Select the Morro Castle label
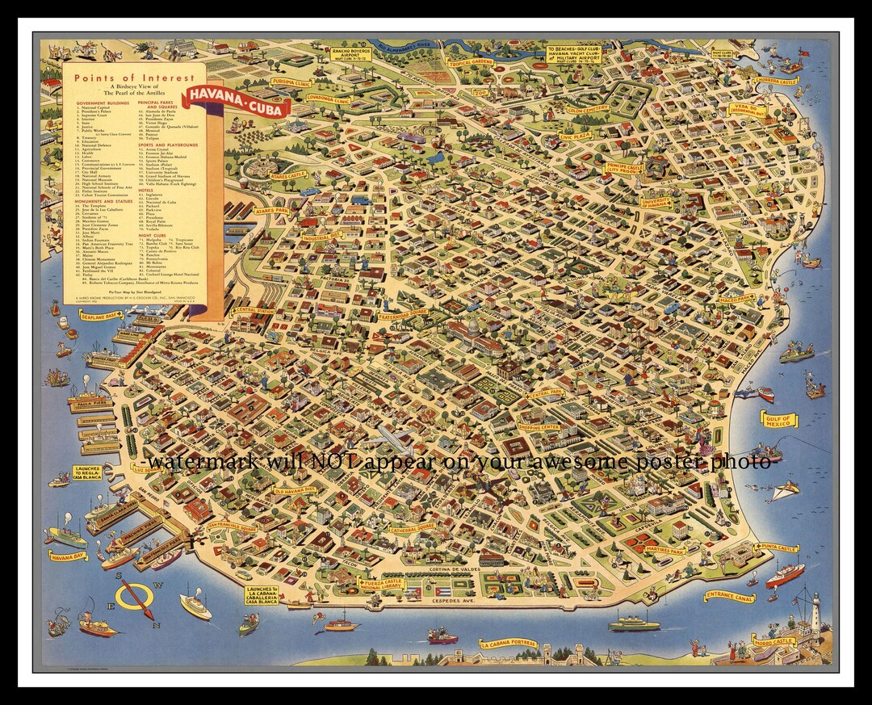[773, 641]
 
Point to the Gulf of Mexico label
[778, 419]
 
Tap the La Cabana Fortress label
[508, 644]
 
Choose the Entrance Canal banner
[730, 597]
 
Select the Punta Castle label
[776, 548]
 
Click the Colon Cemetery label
[588, 108]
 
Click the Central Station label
[254, 310]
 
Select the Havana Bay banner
[67, 556]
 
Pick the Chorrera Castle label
[776, 81]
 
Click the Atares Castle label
[287, 174]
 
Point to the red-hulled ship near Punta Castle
[784, 575]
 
